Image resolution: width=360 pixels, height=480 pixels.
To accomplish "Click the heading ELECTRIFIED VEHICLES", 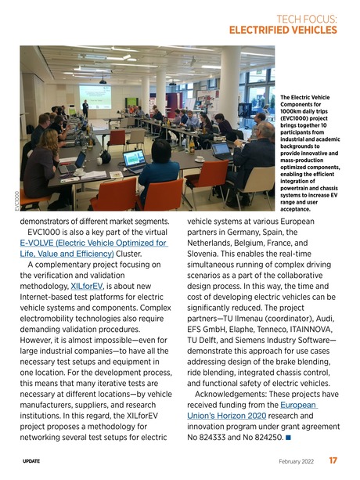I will tap(283, 31).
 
